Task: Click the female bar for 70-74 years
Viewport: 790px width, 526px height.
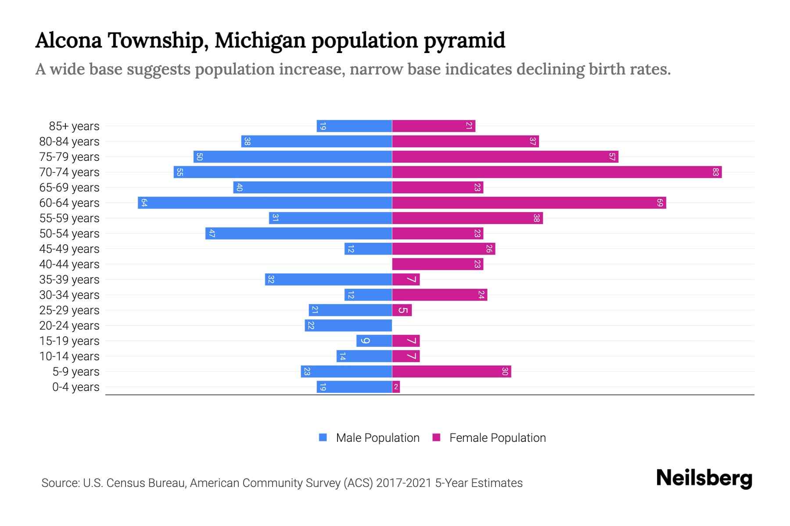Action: pyautogui.click(x=557, y=172)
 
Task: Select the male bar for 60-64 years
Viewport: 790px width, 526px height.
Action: pyautogui.click(x=265, y=203)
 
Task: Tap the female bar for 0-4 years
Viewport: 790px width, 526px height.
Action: pyautogui.click(x=396, y=387)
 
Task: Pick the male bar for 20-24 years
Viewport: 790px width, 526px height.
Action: pyautogui.click(x=348, y=326)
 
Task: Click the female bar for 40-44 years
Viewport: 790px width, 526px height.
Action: pyautogui.click(x=438, y=264)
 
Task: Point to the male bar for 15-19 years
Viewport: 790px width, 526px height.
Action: pyautogui.click(x=374, y=341)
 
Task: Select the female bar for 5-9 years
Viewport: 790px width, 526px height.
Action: pyautogui.click(x=452, y=372)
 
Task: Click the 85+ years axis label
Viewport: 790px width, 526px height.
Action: pyautogui.click(x=74, y=126)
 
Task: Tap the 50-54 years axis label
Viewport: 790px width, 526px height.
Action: pyautogui.click(x=69, y=234)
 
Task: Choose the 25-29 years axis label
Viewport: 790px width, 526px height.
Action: pyautogui.click(x=69, y=310)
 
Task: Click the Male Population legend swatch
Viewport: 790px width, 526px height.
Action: pyautogui.click(x=323, y=437)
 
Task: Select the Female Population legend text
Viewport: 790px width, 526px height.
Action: pyautogui.click(x=497, y=438)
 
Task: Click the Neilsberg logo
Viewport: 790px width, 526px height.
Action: pyautogui.click(x=704, y=478)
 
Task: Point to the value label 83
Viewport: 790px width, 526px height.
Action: pyautogui.click(x=715, y=172)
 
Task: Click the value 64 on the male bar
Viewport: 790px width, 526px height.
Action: pyautogui.click(x=144, y=203)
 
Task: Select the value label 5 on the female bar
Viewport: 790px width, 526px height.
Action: pyautogui.click(x=402, y=310)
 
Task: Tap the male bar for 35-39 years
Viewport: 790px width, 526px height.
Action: pyautogui.click(x=328, y=280)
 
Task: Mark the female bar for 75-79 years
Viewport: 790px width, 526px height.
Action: pyautogui.click(x=505, y=157)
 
